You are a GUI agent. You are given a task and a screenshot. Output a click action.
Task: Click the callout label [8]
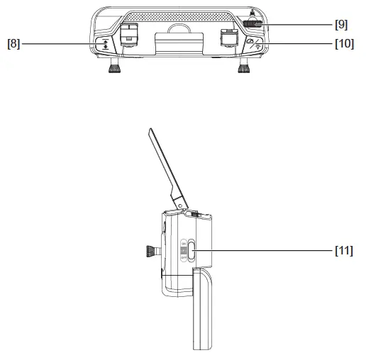point(13,44)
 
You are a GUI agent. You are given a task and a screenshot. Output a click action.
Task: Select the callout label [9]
point(341,23)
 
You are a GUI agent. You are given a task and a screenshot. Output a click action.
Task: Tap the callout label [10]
point(343,44)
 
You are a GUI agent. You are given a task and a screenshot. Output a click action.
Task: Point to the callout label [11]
point(343,249)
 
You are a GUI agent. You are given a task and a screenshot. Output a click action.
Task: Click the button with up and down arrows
point(106,44)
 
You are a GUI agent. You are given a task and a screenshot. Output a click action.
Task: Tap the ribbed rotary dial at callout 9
point(250,23)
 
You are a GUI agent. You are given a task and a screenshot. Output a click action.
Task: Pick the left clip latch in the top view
point(128,35)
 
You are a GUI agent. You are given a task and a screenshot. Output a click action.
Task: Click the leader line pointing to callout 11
point(262,249)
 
